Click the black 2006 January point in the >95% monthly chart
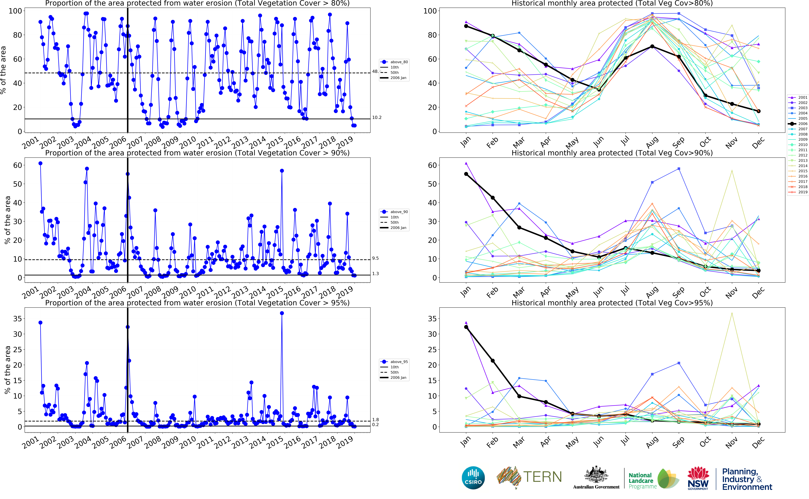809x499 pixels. tap(466, 327)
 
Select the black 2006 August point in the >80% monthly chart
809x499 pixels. tap(652, 46)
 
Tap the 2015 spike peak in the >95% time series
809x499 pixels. tap(282, 313)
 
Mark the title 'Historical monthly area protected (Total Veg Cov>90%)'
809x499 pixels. tap(612, 153)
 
